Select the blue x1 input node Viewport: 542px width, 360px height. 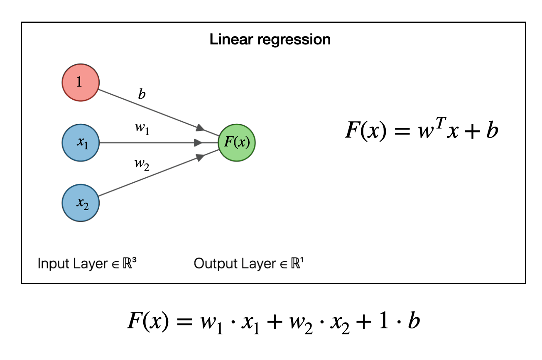coord(80,143)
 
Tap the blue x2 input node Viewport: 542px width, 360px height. coord(80,203)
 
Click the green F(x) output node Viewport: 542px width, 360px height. coord(237,143)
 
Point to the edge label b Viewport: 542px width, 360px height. coord(142,95)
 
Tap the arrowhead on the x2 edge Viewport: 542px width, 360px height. coord(201,157)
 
